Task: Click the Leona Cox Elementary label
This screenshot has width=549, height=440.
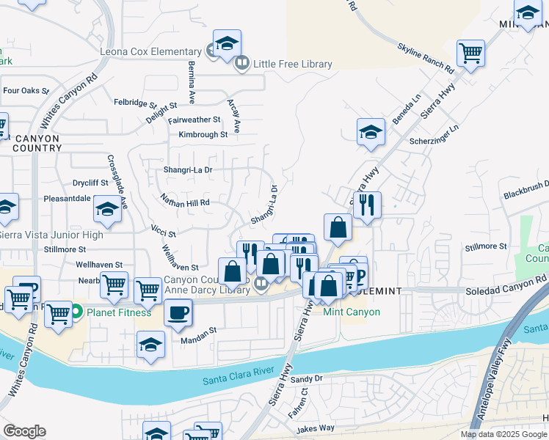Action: click(x=151, y=52)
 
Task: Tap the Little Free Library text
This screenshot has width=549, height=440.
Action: click(x=292, y=65)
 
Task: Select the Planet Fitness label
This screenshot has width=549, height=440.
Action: click(x=119, y=312)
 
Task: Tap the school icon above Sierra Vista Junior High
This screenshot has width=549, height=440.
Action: click(x=108, y=210)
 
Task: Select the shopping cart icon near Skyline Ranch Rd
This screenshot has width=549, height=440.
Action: click(x=470, y=53)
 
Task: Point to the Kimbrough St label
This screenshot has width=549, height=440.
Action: click(x=203, y=135)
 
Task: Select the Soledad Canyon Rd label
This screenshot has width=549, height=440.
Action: click(x=506, y=286)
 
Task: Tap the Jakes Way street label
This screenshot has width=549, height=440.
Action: click(x=316, y=428)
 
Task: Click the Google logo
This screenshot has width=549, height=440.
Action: click(x=25, y=431)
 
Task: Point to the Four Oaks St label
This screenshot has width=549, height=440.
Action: click(x=26, y=92)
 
